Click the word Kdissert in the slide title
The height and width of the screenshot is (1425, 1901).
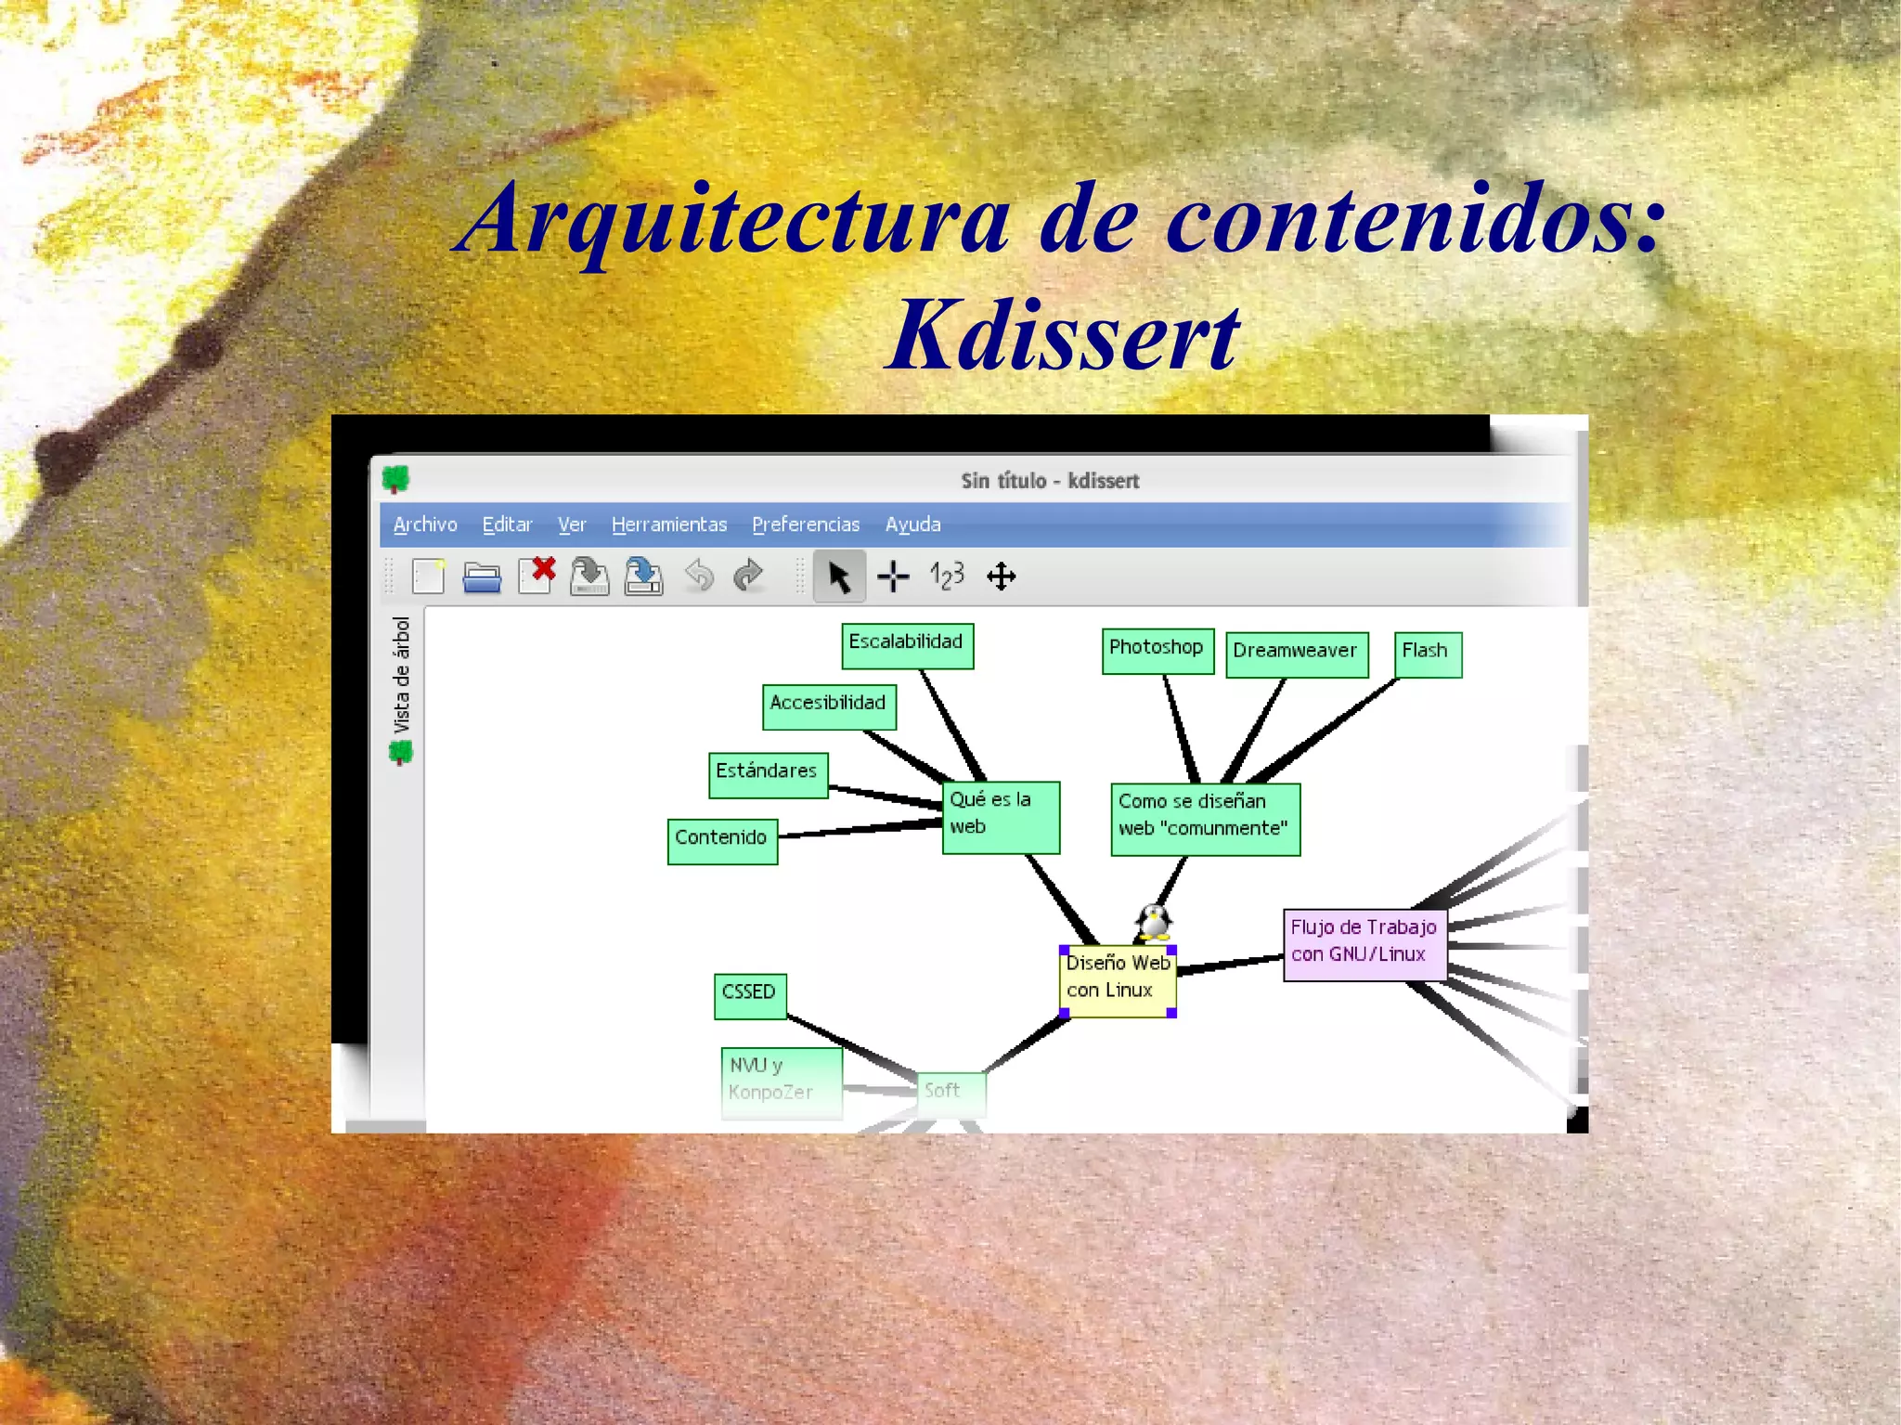tap(1062, 336)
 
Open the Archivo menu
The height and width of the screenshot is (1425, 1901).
tap(425, 525)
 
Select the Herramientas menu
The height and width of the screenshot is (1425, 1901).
tap(668, 525)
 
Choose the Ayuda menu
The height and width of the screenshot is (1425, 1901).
tap(912, 525)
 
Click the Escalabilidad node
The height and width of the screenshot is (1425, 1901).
tap(907, 645)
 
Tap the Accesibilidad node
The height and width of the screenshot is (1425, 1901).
tap(828, 706)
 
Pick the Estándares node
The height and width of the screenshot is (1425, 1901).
tap(768, 774)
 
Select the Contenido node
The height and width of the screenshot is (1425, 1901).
tap(722, 840)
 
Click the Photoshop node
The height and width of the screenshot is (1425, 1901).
tap(1157, 650)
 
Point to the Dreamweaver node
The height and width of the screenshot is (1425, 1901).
tap(1296, 654)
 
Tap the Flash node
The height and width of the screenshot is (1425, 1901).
tap(1427, 654)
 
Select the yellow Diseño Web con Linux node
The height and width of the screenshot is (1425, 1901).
tap(1118, 980)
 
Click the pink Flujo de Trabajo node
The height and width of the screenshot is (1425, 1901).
tap(1364, 943)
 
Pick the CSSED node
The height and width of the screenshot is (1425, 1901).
tap(750, 995)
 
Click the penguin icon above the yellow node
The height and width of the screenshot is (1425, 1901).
tap(1153, 922)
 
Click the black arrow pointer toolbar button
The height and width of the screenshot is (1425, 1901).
tap(839, 576)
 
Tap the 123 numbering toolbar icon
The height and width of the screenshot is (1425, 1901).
tap(947, 576)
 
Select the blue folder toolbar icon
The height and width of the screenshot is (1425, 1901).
tap(482, 577)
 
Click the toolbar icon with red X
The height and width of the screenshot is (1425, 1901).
tap(537, 576)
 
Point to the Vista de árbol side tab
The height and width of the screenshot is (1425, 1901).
tap(401, 688)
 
